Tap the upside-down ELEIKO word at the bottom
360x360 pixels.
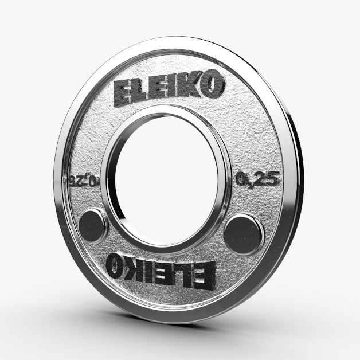click(161, 267)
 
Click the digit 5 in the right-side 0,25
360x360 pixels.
click(274, 179)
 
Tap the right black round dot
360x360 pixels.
click(242, 232)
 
